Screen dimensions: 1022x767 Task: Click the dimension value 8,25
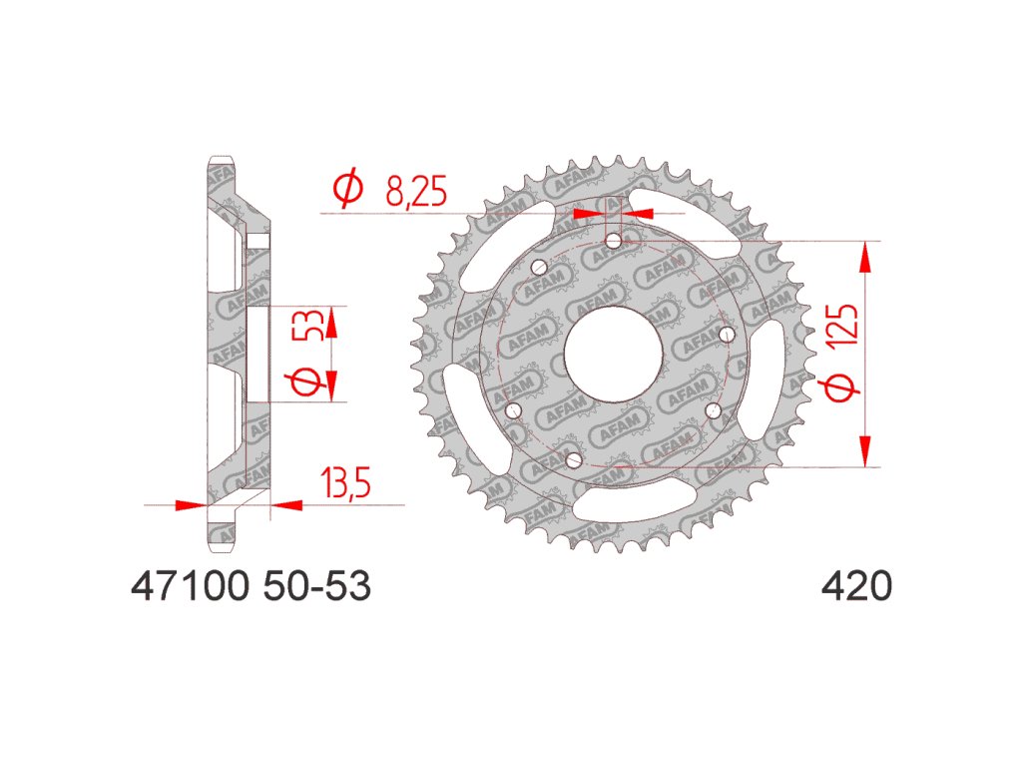(x=416, y=191)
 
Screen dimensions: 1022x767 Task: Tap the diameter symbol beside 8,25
(x=347, y=189)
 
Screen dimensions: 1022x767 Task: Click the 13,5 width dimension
(x=345, y=482)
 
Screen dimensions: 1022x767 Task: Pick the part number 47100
(x=191, y=585)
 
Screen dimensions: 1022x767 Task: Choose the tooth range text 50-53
(x=317, y=585)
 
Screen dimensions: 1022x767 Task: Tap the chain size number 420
(x=856, y=585)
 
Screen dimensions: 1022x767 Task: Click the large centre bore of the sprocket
(x=614, y=355)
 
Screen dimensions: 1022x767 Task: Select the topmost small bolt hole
(x=614, y=242)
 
